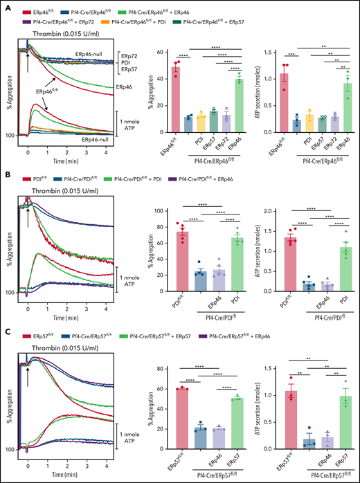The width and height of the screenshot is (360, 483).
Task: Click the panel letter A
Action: [x=6, y=6]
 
